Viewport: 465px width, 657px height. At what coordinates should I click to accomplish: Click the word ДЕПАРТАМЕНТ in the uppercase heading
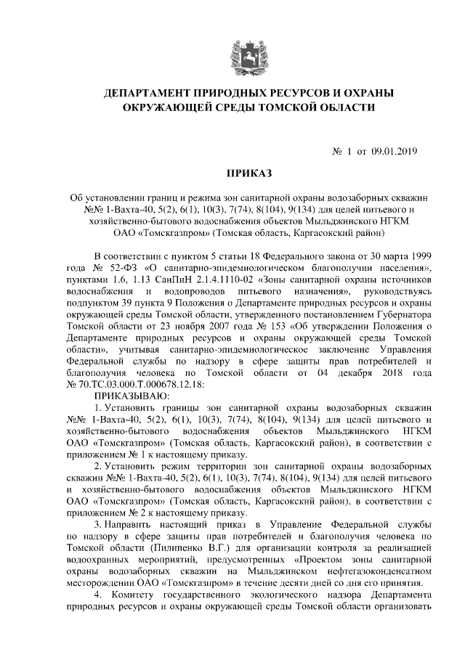(147, 94)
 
